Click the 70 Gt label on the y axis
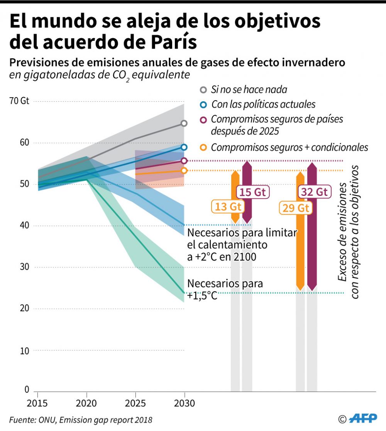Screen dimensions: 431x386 [x=20, y=101]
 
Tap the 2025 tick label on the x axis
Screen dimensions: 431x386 [x=135, y=404]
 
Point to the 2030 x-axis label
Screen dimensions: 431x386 [x=185, y=404]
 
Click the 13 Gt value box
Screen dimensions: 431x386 [x=228, y=207]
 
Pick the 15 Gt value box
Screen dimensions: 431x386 [x=253, y=192]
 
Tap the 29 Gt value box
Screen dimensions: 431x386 [x=296, y=208]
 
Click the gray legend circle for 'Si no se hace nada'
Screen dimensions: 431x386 [x=203, y=90]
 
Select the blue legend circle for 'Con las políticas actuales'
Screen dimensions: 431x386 [x=203, y=104]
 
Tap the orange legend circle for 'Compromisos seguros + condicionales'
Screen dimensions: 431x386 [x=203, y=147]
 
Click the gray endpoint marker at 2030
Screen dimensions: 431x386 [x=184, y=123]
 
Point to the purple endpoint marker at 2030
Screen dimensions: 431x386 [x=184, y=161]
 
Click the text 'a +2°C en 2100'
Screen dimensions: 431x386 [x=221, y=256]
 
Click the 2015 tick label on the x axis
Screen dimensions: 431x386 [x=37, y=404]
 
